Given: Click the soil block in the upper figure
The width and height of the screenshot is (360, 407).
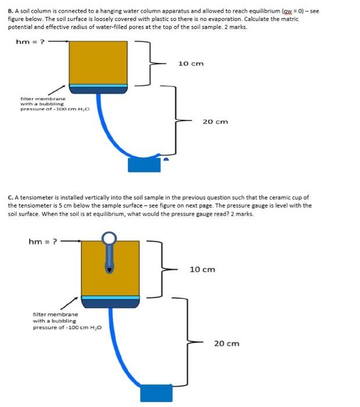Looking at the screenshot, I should coord(98,63).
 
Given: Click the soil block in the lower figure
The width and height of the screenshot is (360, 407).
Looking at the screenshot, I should coord(111,267).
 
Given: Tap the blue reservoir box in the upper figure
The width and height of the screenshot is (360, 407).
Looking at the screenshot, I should coord(144,165).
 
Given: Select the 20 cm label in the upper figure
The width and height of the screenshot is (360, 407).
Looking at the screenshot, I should coord(215,122).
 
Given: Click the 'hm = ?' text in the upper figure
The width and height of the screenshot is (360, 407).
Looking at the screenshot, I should coord(28,41).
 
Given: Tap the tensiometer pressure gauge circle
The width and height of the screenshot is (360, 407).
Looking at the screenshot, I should coord(110,239).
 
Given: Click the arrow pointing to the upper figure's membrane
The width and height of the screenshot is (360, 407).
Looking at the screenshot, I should coord(56,91).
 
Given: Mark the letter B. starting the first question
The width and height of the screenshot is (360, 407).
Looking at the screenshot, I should coord(10,10).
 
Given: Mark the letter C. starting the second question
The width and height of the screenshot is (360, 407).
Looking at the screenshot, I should coord(10,197).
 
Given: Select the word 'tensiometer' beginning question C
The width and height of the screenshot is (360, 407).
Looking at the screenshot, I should coord(35,197).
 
